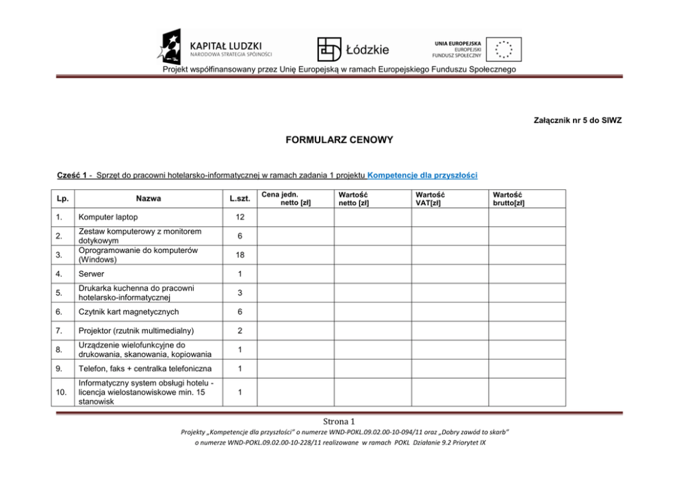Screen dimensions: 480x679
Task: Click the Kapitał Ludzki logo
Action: tap(216, 48)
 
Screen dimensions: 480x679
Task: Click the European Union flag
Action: tap(505, 49)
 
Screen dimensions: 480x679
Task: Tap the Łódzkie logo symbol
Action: tap(329, 49)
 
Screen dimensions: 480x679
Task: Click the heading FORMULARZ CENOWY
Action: tap(339, 140)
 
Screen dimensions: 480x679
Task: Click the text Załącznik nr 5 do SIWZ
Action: tap(576, 120)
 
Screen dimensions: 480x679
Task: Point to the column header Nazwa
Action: tap(149, 198)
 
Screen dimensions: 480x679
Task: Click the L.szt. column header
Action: tap(239, 198)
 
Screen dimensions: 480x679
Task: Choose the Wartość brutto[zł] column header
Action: tap(509, 198)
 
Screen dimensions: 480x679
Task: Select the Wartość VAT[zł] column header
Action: tap(431, 198)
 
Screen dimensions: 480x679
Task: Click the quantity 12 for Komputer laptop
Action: tap(239, 217)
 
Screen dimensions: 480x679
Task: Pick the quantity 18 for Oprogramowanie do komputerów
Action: tap(239, 255)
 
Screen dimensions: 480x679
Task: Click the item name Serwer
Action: tap(92, 274)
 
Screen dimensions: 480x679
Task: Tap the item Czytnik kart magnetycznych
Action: tap(129, 312)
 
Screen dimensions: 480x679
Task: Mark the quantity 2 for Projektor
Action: tap(239, 331)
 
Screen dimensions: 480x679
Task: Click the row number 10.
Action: tap(61, 393)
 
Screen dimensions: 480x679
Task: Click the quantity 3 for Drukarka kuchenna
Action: tap(239, 293)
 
